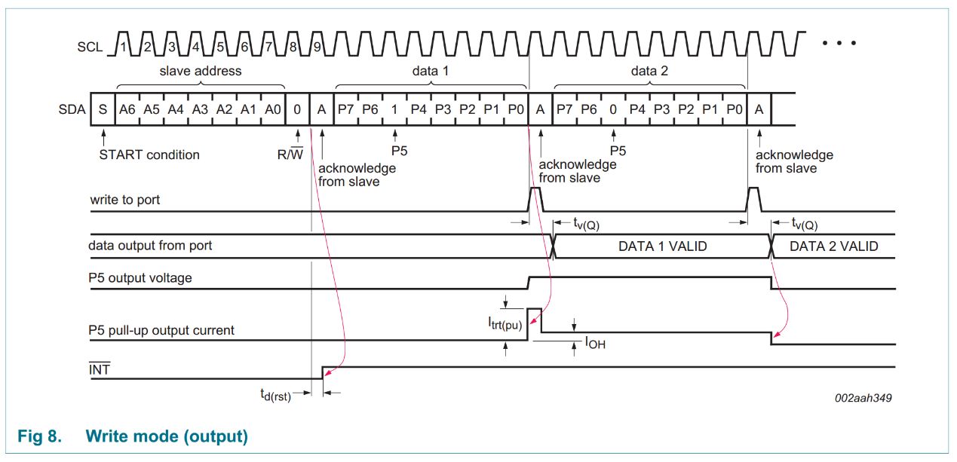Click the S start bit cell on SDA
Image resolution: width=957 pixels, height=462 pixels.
pyautogui.click(x=103, y=109)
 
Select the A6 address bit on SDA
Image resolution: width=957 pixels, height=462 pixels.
pyautogui.click(x=127, y=109)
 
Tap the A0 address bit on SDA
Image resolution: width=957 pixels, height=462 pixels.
pyautogui.click(x=273, y=109)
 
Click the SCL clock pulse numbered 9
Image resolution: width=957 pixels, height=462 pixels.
pyautogui.click(x=317, y=44)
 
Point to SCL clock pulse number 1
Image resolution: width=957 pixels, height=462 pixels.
pyautogui.click(x=123, y=44)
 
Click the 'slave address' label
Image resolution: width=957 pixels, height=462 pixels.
pyautogui.click(x=201, y=70)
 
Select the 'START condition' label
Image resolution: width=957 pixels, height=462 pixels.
pyautogui.click(x=149, y=155)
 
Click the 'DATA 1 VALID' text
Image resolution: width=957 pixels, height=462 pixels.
pyautogui.click(x=663, y=246)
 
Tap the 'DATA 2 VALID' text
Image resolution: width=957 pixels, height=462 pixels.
pyautogui.click(x=833, y=246)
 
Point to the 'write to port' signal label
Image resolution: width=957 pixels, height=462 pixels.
pyautogui.click(x=124, y=200)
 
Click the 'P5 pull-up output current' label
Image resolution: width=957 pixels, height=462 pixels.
pyautogui.click(x=161, y=330)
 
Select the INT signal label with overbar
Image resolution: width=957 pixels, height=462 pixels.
pyautogui.click(x=99, y=369)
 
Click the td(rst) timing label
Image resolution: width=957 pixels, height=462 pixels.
pyautogui.click(x=275, y=394)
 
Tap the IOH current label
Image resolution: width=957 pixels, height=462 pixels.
pyautogui.click(x=595, y=342)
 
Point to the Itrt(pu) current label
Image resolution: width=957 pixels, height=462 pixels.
pyautogui.click(x=505, y=323)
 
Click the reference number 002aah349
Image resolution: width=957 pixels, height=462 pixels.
pyautogui.click(x=863, y=398)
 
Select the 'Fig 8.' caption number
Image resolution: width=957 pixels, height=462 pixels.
pyautogui.click(x=39, y=436)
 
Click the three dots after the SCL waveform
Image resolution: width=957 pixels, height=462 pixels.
pyautogui.click(x=839, y=43)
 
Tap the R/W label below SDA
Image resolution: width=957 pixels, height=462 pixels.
pyautogui.click(x=290, y=154)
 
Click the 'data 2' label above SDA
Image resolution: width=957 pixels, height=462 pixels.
pyautogui.click(x=649, y=70)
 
